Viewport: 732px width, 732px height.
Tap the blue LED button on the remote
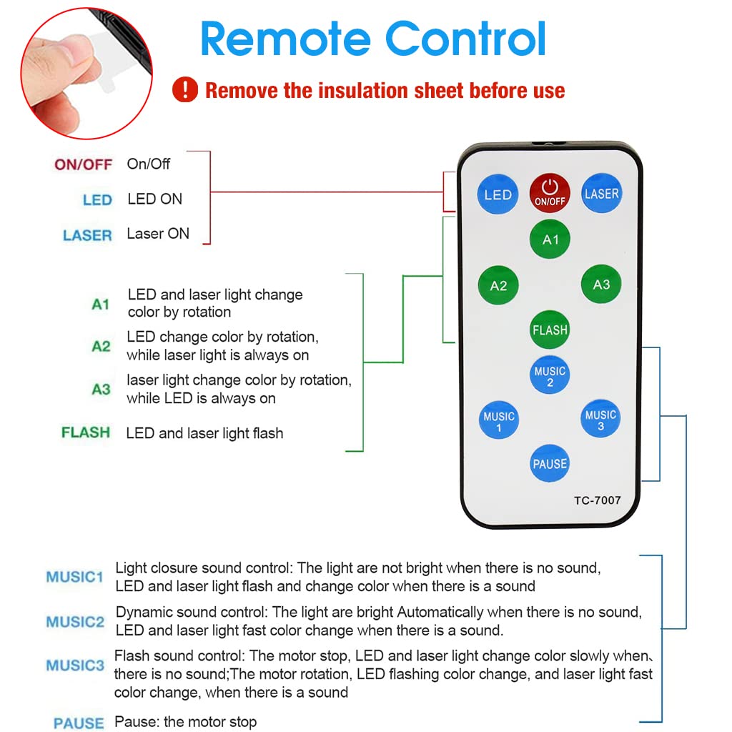[498, 194]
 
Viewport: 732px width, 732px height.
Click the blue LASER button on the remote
[601, 194]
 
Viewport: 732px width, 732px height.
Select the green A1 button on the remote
[550, 239]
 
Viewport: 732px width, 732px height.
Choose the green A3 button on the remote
[601, 285]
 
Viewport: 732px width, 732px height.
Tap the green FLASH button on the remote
[550, 330]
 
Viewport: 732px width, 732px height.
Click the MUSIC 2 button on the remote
[550, 376]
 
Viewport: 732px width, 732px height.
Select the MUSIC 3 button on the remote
[600, 420]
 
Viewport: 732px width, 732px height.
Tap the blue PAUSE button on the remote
[550, 464]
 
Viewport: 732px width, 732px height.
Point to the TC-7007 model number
[597, 500]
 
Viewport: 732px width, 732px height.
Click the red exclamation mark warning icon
[185, 90]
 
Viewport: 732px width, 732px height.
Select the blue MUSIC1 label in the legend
[75, 577]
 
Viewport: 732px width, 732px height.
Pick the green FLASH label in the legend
[86, 432]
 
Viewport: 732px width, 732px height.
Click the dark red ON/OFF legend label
[84, 164]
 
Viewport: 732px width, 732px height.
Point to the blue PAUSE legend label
[79, 723]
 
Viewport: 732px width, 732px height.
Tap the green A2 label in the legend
[101, 347]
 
